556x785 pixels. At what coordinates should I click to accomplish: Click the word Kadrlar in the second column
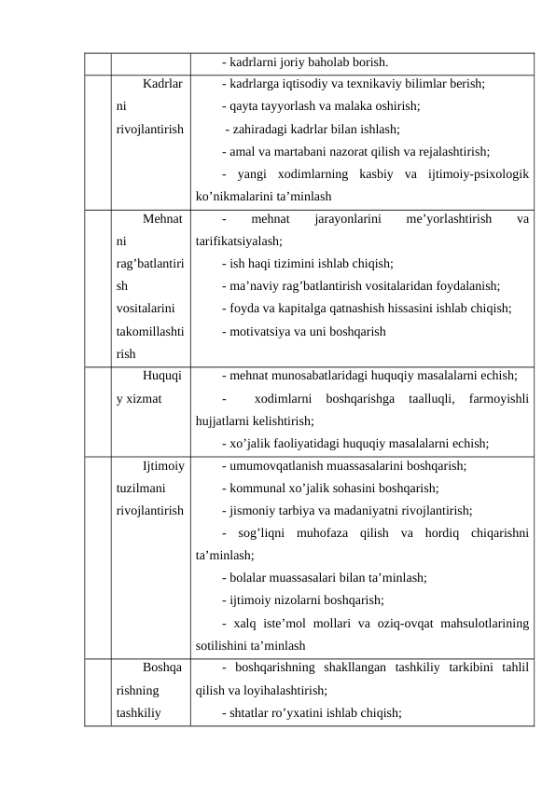162,84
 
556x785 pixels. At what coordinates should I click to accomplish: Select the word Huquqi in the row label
162,377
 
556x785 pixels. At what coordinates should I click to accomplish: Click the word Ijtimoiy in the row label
162,466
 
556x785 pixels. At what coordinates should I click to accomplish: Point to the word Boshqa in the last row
162,668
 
